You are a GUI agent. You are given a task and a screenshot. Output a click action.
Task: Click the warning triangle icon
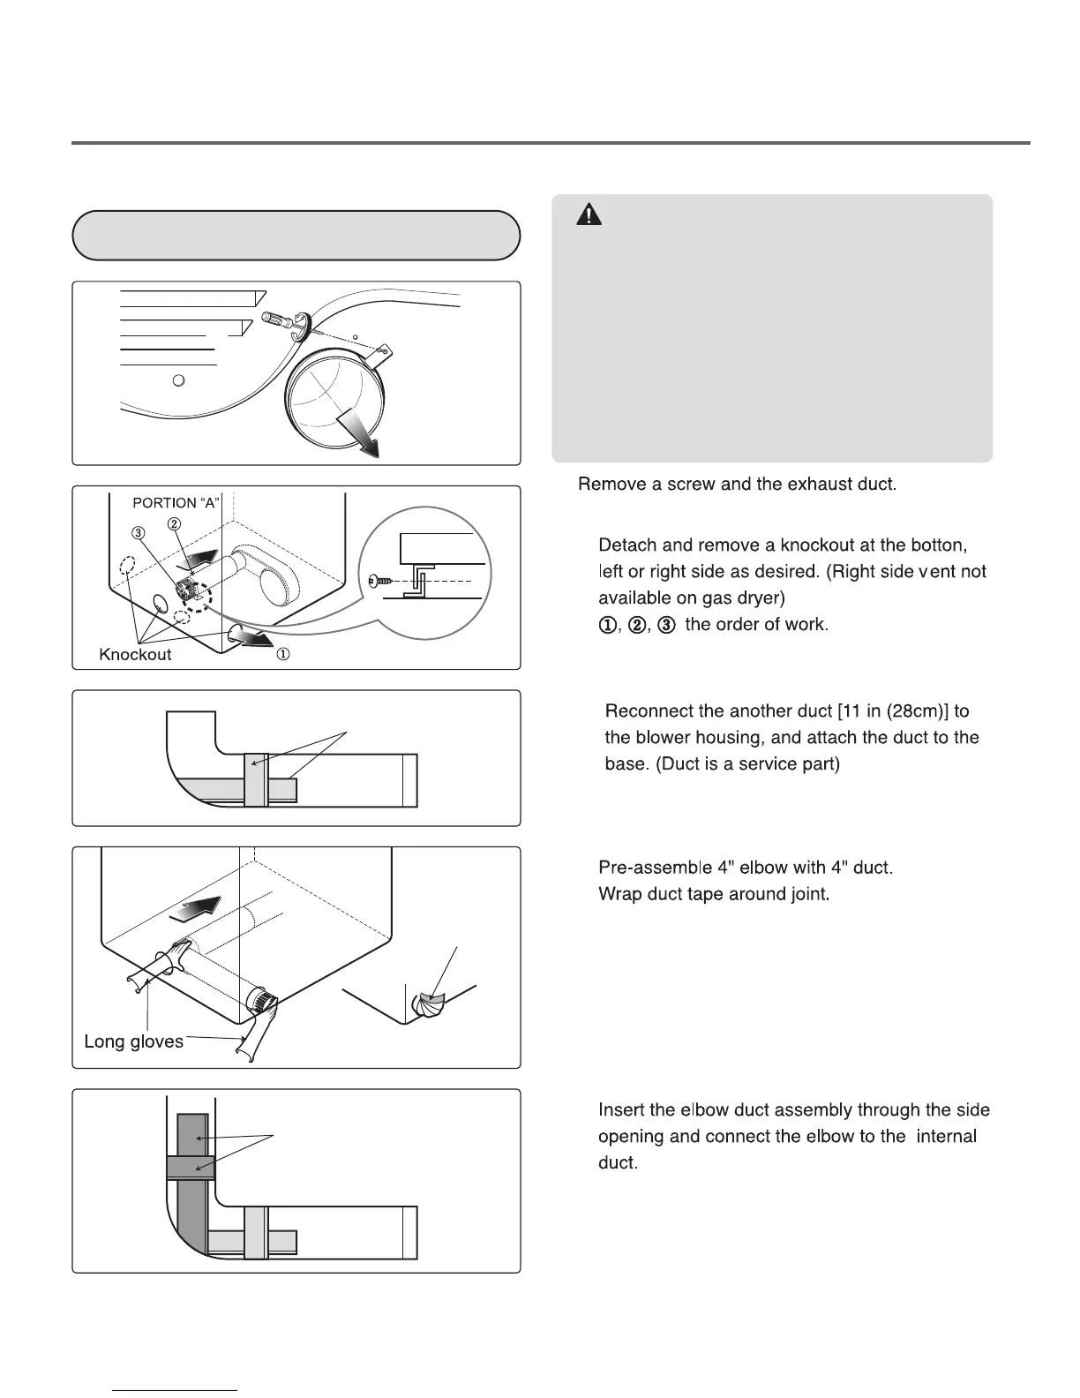point(589,214)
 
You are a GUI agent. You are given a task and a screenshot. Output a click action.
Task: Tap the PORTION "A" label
point(176,503)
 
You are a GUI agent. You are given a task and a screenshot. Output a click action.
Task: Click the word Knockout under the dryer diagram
point(135,655)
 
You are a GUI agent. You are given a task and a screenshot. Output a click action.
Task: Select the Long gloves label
point(133,1041)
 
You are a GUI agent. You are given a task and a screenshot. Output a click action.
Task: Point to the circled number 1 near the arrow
point(284,655)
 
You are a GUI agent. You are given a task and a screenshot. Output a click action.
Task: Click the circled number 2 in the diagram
point(175,524)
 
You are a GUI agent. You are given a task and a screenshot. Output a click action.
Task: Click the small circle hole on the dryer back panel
point(178,380)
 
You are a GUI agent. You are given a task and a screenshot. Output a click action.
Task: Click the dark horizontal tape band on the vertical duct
point(191,1168)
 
